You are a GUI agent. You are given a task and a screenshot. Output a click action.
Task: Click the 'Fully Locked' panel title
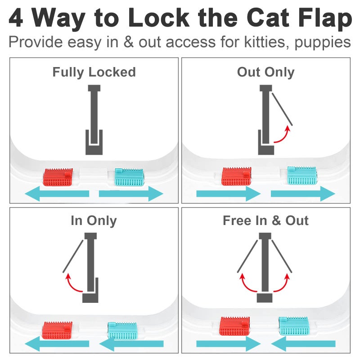click(94, 72)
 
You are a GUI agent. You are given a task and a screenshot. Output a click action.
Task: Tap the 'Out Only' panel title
click(265, 72)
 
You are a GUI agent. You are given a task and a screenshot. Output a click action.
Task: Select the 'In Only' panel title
click(94, 220)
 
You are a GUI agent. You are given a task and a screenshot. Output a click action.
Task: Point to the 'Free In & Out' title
click(265, 220)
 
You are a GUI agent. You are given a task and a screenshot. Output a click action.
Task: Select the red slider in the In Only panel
click(57, 329)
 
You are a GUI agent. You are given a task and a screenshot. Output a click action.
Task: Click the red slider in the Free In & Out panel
click(234, 326)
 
